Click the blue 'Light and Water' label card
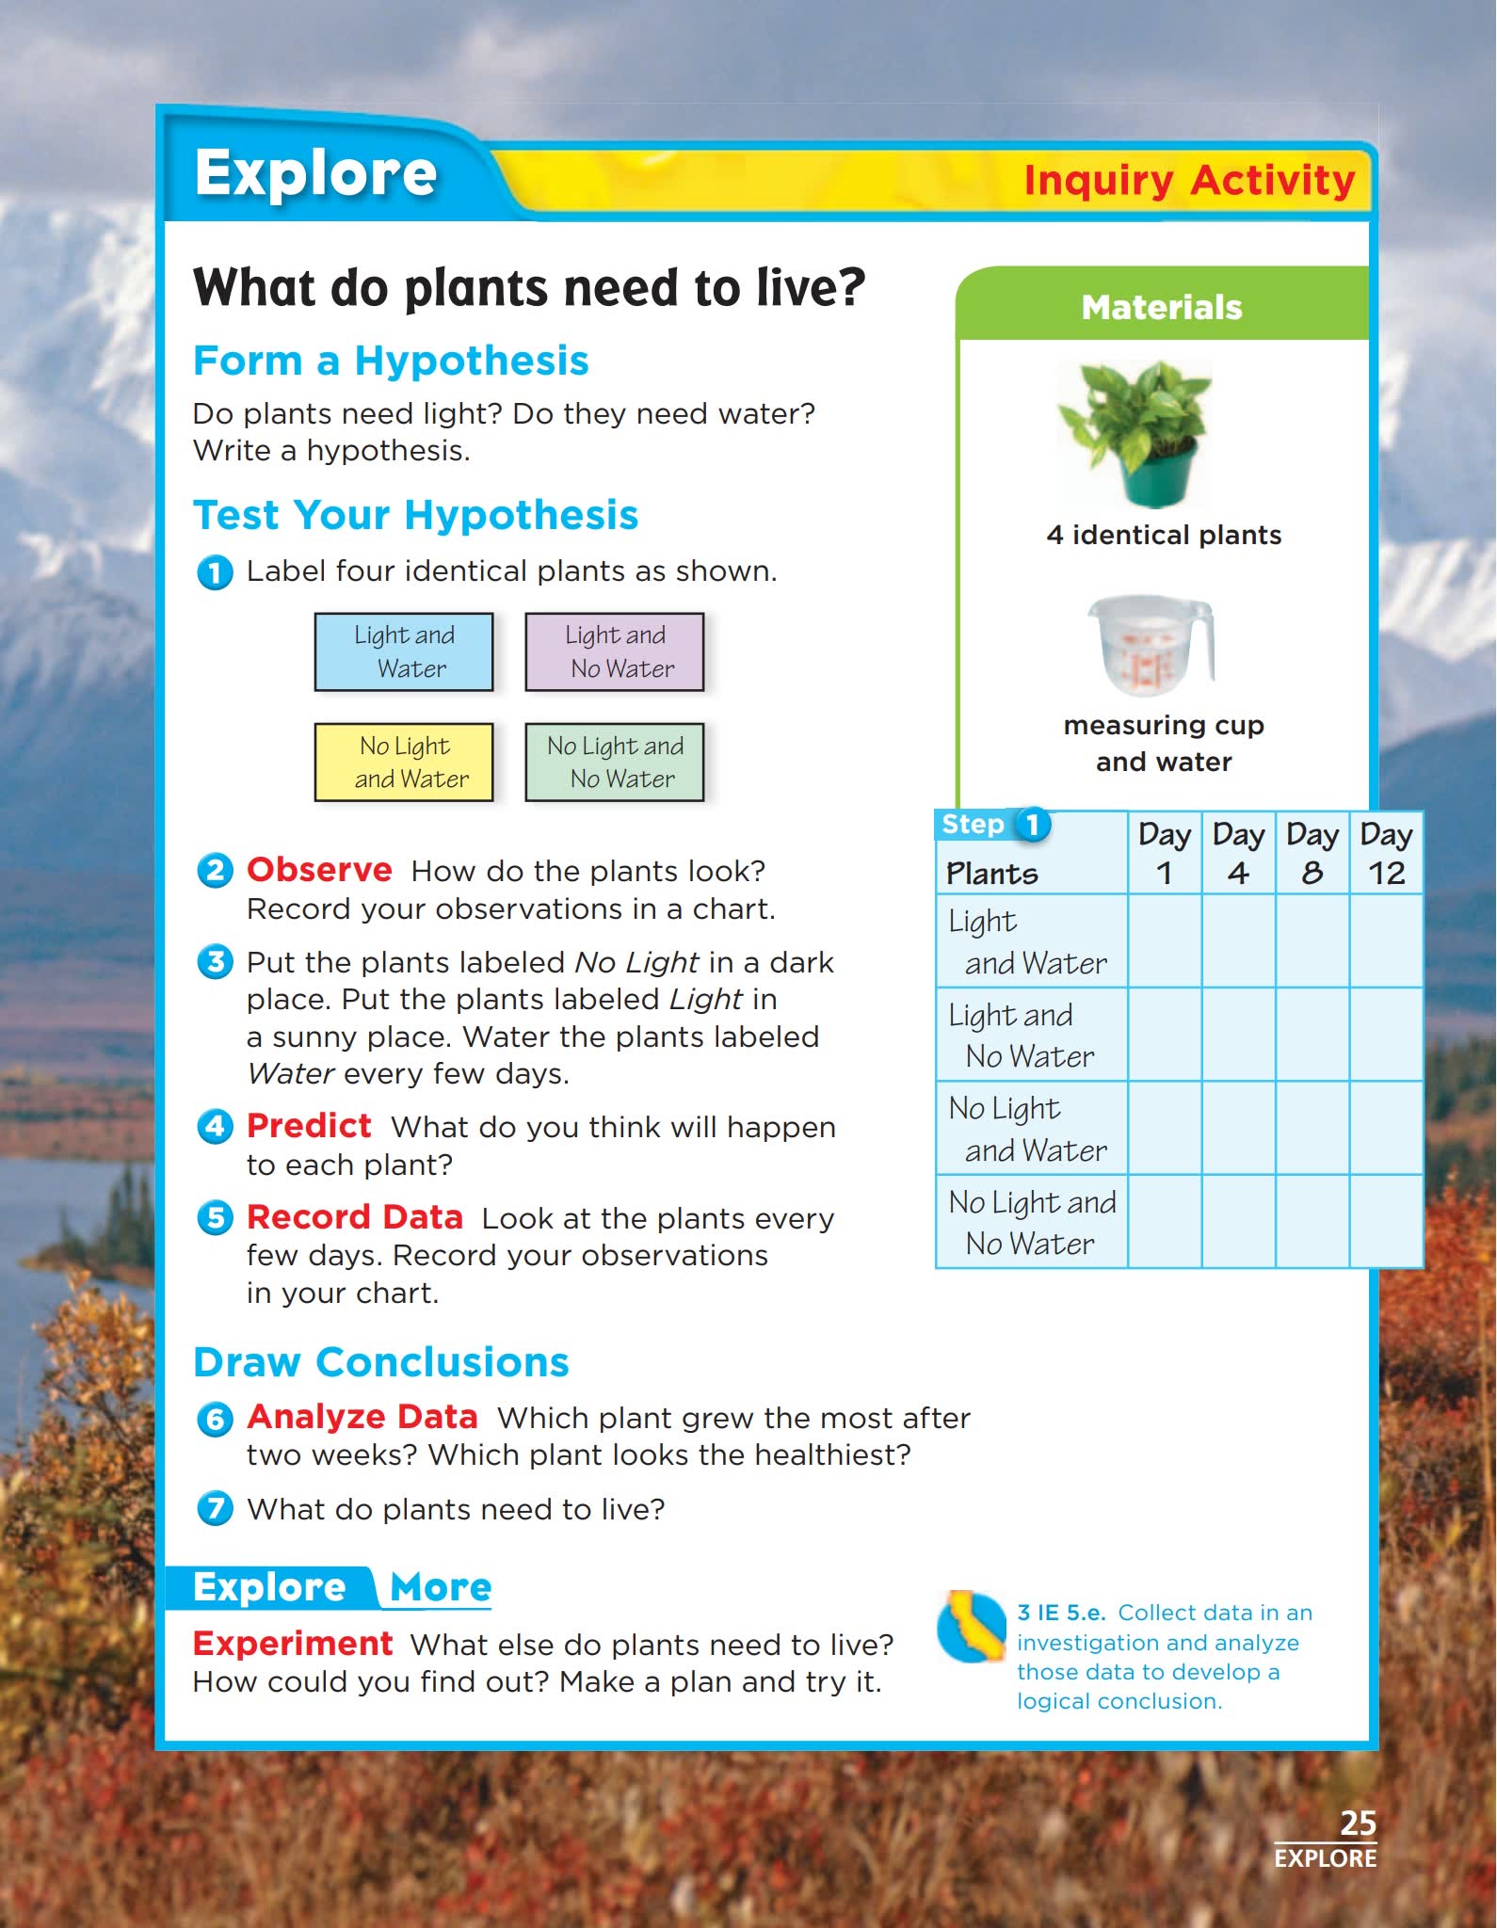click(404, 651)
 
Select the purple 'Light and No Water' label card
click(615, 651)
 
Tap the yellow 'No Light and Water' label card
click(404, 762)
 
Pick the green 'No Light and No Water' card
click(615, 762)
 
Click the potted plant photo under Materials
click(1136, 433)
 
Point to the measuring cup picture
click(1150, 645)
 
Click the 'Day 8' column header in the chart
click(1312, 853)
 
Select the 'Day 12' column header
click(1386, 853)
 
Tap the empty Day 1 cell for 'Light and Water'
click(1165, 940)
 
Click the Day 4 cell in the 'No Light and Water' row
click(1239, 1128)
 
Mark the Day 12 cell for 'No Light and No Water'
click(1386, 1221)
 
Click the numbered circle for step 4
click(215, 1126)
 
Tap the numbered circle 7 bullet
click(215, 1508)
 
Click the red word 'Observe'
click(319, 869)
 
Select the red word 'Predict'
click(309, 1125)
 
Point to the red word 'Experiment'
click(293, 1643)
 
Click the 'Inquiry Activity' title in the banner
click(1189, 180)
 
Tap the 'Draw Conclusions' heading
click(381, 1362)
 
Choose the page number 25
click(1358, 1823)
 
